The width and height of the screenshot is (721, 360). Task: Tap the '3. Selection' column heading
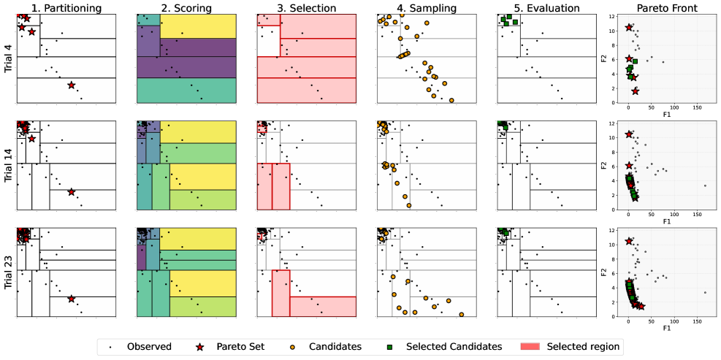tap(306, 7)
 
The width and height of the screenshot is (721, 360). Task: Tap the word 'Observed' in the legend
tap(149, 346)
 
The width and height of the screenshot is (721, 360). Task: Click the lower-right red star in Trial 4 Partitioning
tap(71, 85)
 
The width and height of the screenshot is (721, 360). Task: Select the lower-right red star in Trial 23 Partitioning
tap(71, 299)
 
